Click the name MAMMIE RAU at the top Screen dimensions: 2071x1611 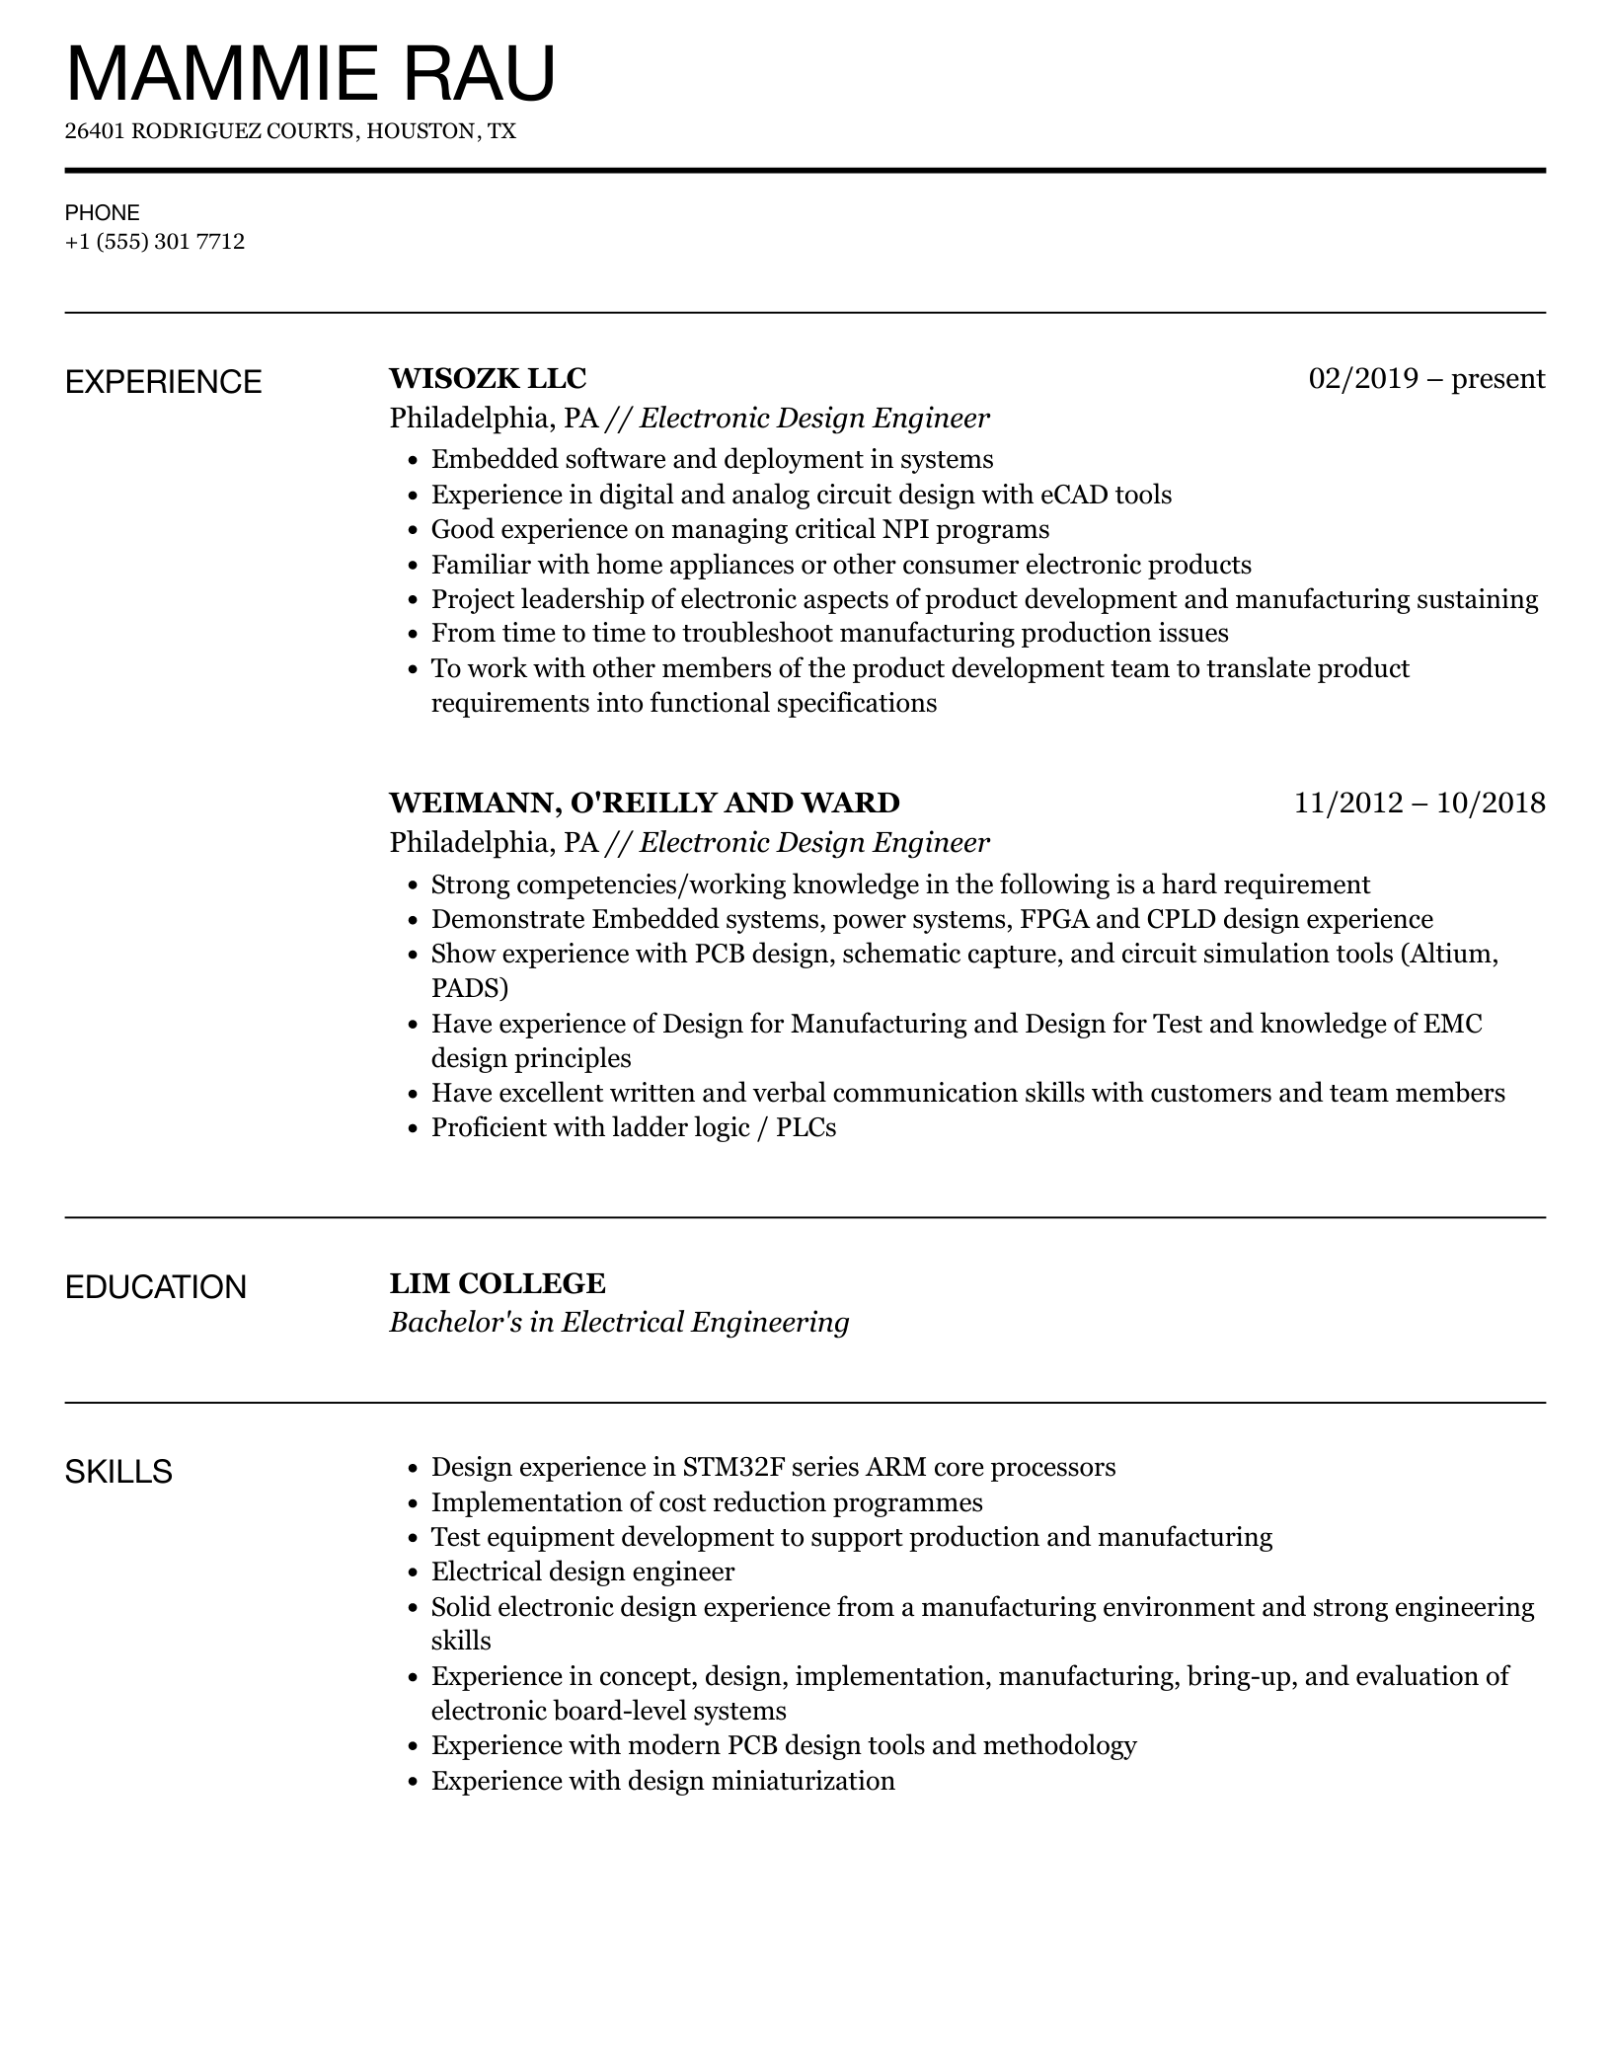(310, 74)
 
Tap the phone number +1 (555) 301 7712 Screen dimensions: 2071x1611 (155, 242)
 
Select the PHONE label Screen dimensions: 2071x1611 (102, 212)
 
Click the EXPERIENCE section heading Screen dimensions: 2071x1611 (163, 382)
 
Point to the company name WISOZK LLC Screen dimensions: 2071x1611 (488, 378)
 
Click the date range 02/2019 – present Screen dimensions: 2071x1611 (1426, 378)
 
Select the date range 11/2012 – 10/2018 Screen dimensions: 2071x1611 (1419, 803)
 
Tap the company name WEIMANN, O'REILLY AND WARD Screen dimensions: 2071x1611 (645, 803)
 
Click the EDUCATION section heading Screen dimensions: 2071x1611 (155, 1287)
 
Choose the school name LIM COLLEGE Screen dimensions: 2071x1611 (498, 1283)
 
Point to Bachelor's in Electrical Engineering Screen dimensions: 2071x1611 (619, 1323)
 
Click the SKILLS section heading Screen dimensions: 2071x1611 (118, 1472)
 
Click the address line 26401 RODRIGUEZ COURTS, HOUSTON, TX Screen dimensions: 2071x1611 (290, 131)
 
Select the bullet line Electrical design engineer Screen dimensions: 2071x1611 (582, 1572)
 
